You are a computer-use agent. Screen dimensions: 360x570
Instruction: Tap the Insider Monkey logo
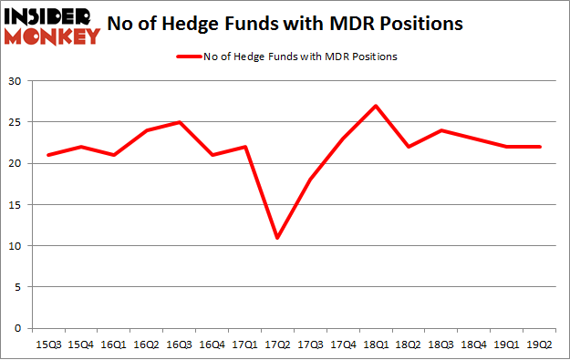click(x=52, y=26)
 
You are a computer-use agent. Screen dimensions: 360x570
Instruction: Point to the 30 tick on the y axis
click(x=17, y=81)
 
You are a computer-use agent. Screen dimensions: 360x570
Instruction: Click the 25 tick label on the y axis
click(x=17, y=122)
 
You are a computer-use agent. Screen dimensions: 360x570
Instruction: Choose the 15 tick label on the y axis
click(x=17, y=205)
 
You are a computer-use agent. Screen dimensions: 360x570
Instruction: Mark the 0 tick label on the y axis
click(x=20, y=328)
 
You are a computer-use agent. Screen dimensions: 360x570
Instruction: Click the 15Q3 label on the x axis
click(x=49, y=344)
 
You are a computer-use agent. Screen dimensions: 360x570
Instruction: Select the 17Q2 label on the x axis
click(x=276, y=344)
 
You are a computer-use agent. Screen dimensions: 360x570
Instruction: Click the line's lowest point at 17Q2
click(x=277, y=238)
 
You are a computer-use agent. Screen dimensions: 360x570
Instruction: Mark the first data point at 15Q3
click(x=49, y=155)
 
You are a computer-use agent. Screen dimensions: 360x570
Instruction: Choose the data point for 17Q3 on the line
click(x=310, y=180)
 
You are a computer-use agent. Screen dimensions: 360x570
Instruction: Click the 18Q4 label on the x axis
click(x=473, y=344)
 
